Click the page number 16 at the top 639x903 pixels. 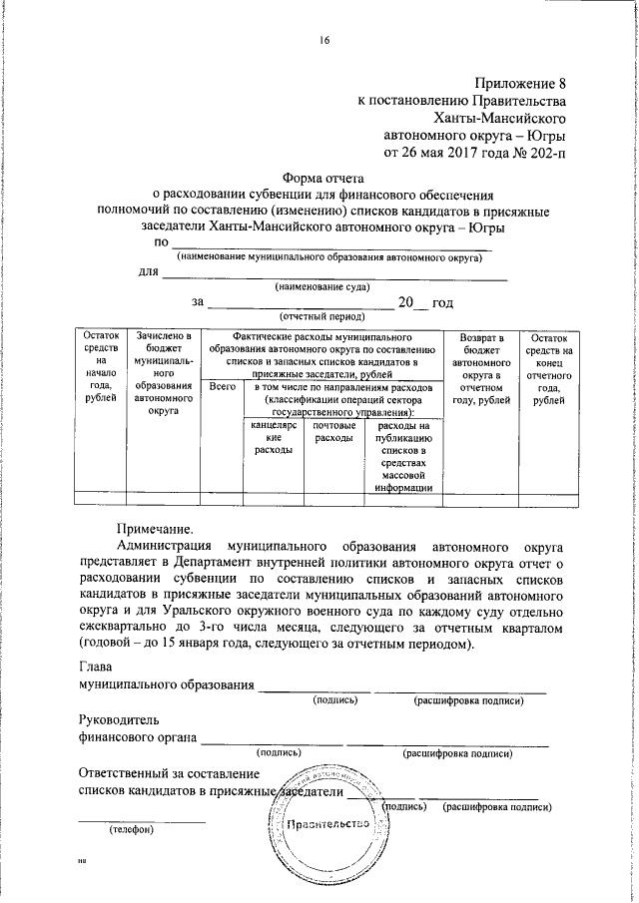324,41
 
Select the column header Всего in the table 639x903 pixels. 224,386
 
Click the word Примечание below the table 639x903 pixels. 154,528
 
